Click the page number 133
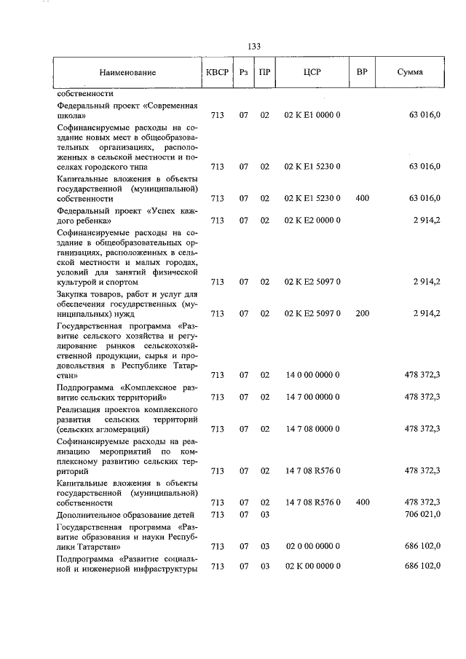point(254,46)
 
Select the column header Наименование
point(128,73)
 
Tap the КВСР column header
point(217,73)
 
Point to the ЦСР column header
point(312,73)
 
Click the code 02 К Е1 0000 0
point(312,115)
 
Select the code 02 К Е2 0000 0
point(312,219)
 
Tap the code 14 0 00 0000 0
point(312,375)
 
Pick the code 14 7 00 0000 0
point(312,397)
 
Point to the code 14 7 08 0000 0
point(312,429)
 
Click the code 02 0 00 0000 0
point(312,545)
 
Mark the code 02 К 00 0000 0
point(312,567)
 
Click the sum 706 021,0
point(422,514)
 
